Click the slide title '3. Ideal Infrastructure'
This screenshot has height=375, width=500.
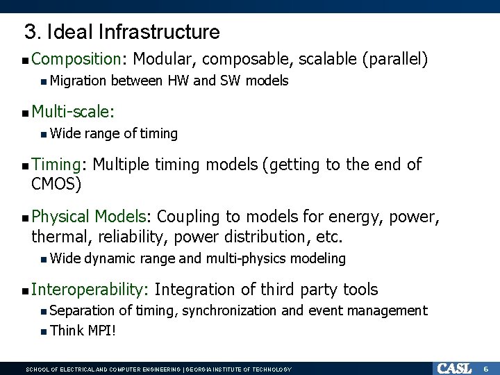coord(122,32)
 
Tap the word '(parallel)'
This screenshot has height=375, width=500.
coord(394,60)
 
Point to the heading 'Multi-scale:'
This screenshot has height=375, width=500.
coord(74,111)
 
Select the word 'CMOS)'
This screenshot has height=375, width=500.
coord(56,184)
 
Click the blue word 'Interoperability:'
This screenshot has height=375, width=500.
coord(90,290)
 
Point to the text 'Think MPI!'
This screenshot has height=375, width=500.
coord(83,331)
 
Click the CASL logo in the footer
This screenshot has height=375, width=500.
coord(453,368)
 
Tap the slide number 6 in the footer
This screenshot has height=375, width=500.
coord(486,368)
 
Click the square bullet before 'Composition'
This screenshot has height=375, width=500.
coord(25,61)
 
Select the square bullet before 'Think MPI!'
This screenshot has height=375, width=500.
coord(44,331)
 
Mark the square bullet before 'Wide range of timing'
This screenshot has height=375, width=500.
coord(44,133)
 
